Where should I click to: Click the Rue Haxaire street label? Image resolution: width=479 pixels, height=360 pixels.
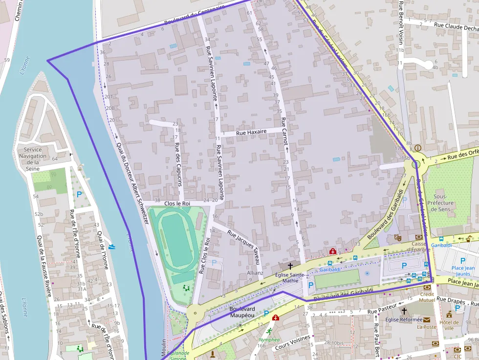pyautogui.click(x=251, y=132)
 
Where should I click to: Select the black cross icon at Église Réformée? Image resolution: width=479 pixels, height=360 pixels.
pyautogui.click(x=404, y=311)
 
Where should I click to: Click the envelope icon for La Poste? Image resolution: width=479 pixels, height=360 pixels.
pyautogui.click(x=427, y=319)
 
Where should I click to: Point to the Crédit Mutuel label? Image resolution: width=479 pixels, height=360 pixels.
pyautogui.click(x=427, y=297)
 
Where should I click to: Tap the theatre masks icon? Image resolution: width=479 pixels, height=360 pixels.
pyautogui.click(x=397, y=237)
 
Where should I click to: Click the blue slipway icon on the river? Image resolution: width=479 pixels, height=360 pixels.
pyautogui.click(x=113, y=247)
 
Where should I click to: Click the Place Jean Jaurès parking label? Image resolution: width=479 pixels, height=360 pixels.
pyautogui.click(x=463, y=271)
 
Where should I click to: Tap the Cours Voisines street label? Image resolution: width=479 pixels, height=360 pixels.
pyautogui.click(x=292, y=342)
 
